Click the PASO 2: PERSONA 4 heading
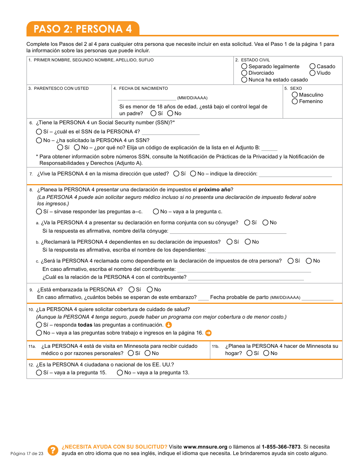pos(83,29)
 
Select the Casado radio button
pos(313,66)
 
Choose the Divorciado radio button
pos(244,73)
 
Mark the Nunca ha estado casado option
pos(244,80)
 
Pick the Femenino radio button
pos(295,101)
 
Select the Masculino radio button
pos(295,95)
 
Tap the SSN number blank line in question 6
pos(171,132)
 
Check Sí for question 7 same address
pos(177,174)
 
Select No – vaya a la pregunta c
pos(156,211)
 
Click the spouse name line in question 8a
pos(228,231)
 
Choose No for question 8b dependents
pos(248,242)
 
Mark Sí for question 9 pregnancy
pos(131,289)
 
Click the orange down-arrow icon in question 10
pos(169,325)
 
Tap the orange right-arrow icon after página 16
pos(208,333)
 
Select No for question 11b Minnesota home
pos(266,353)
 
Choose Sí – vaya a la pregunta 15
pos(39,372)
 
